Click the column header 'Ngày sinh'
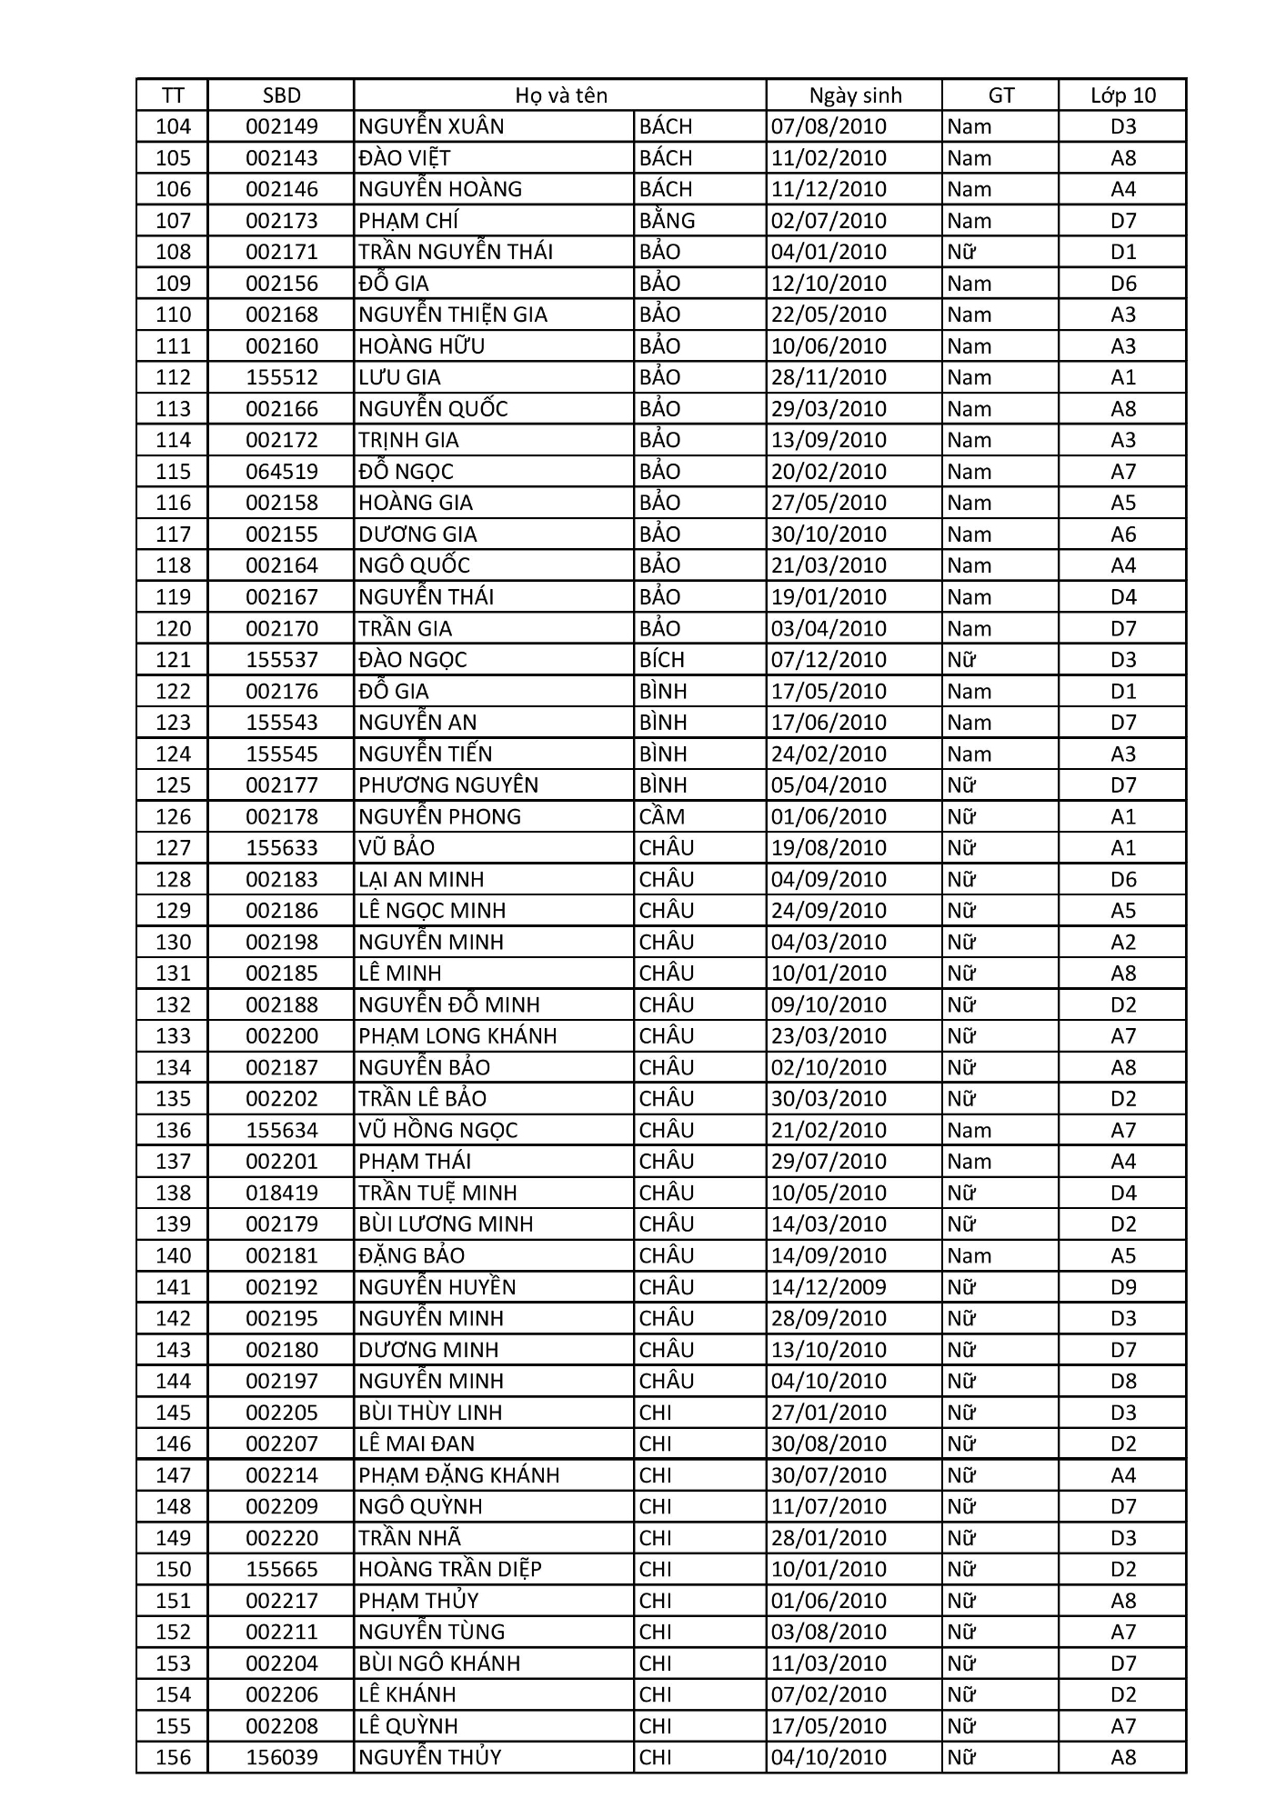(855, 95)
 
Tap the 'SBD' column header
(281, 95)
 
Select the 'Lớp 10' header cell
(1123, 95)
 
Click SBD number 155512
(282, 377)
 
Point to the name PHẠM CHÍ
(408, 221)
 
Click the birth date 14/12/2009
(829, 1287)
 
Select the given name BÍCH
(661, 660)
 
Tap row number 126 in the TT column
(173, 816)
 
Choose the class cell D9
(1123, 1287)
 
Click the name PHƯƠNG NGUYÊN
(448, 785)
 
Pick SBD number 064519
(282, 472)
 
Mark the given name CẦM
(661, 816)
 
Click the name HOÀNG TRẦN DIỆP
(450, 1569)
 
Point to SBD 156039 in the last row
(282, 1757)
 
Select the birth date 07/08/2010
(829, 126)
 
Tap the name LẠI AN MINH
(421, 879)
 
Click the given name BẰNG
(667, 221)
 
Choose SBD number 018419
(282, 1193)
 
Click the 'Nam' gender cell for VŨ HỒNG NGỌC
(969, 1130)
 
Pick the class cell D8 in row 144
(1123, 1381)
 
